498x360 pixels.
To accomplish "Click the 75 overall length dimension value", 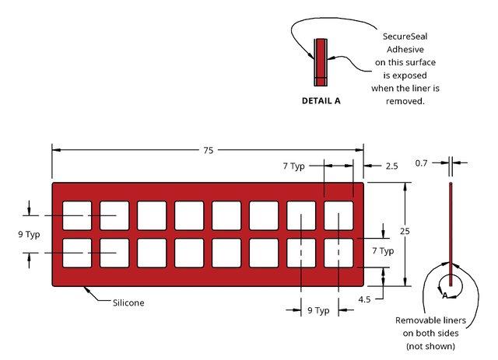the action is tap(209, 151).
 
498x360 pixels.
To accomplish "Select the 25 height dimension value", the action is tap(405, 231).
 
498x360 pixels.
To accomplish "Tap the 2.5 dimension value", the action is tap(391, 166).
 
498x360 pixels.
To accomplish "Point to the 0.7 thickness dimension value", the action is tap(421, 163).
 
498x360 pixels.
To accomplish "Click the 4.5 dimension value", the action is tap(364, 299).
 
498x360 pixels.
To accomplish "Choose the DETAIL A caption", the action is tap(321, 101).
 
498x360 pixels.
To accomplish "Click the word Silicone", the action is tap(128, 303).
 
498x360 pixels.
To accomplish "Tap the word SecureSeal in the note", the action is tap(405, 37).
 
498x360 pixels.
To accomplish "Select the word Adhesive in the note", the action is tap(405, 50).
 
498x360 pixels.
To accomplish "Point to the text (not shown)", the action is tap(430, 346).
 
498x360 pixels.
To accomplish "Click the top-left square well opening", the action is tap(77, 215).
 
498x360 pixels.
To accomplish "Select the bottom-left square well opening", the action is tap(77, 253).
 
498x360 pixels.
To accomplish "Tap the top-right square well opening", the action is tap(338, 215).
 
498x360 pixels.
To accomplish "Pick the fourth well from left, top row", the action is tap(189, 215).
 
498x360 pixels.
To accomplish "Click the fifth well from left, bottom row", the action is tap(226, 253).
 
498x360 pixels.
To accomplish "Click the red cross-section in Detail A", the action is tap(321, 62).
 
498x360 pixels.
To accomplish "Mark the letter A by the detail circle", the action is tap(445, 296).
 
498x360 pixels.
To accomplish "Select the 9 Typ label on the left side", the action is tap(29, 235).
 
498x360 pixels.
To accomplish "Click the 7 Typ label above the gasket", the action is tap(294, 166).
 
